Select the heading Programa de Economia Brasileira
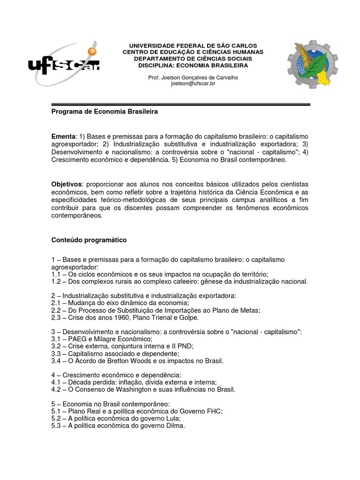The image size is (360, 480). pos(105,112)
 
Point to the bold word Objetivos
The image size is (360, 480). pos(67,184)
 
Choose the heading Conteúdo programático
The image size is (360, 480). pos(89,240)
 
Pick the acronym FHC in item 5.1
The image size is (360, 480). pos(214,411)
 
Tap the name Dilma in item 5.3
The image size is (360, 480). pos(174,426)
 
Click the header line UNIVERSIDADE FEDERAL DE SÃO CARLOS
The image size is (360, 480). pos(193,45)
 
